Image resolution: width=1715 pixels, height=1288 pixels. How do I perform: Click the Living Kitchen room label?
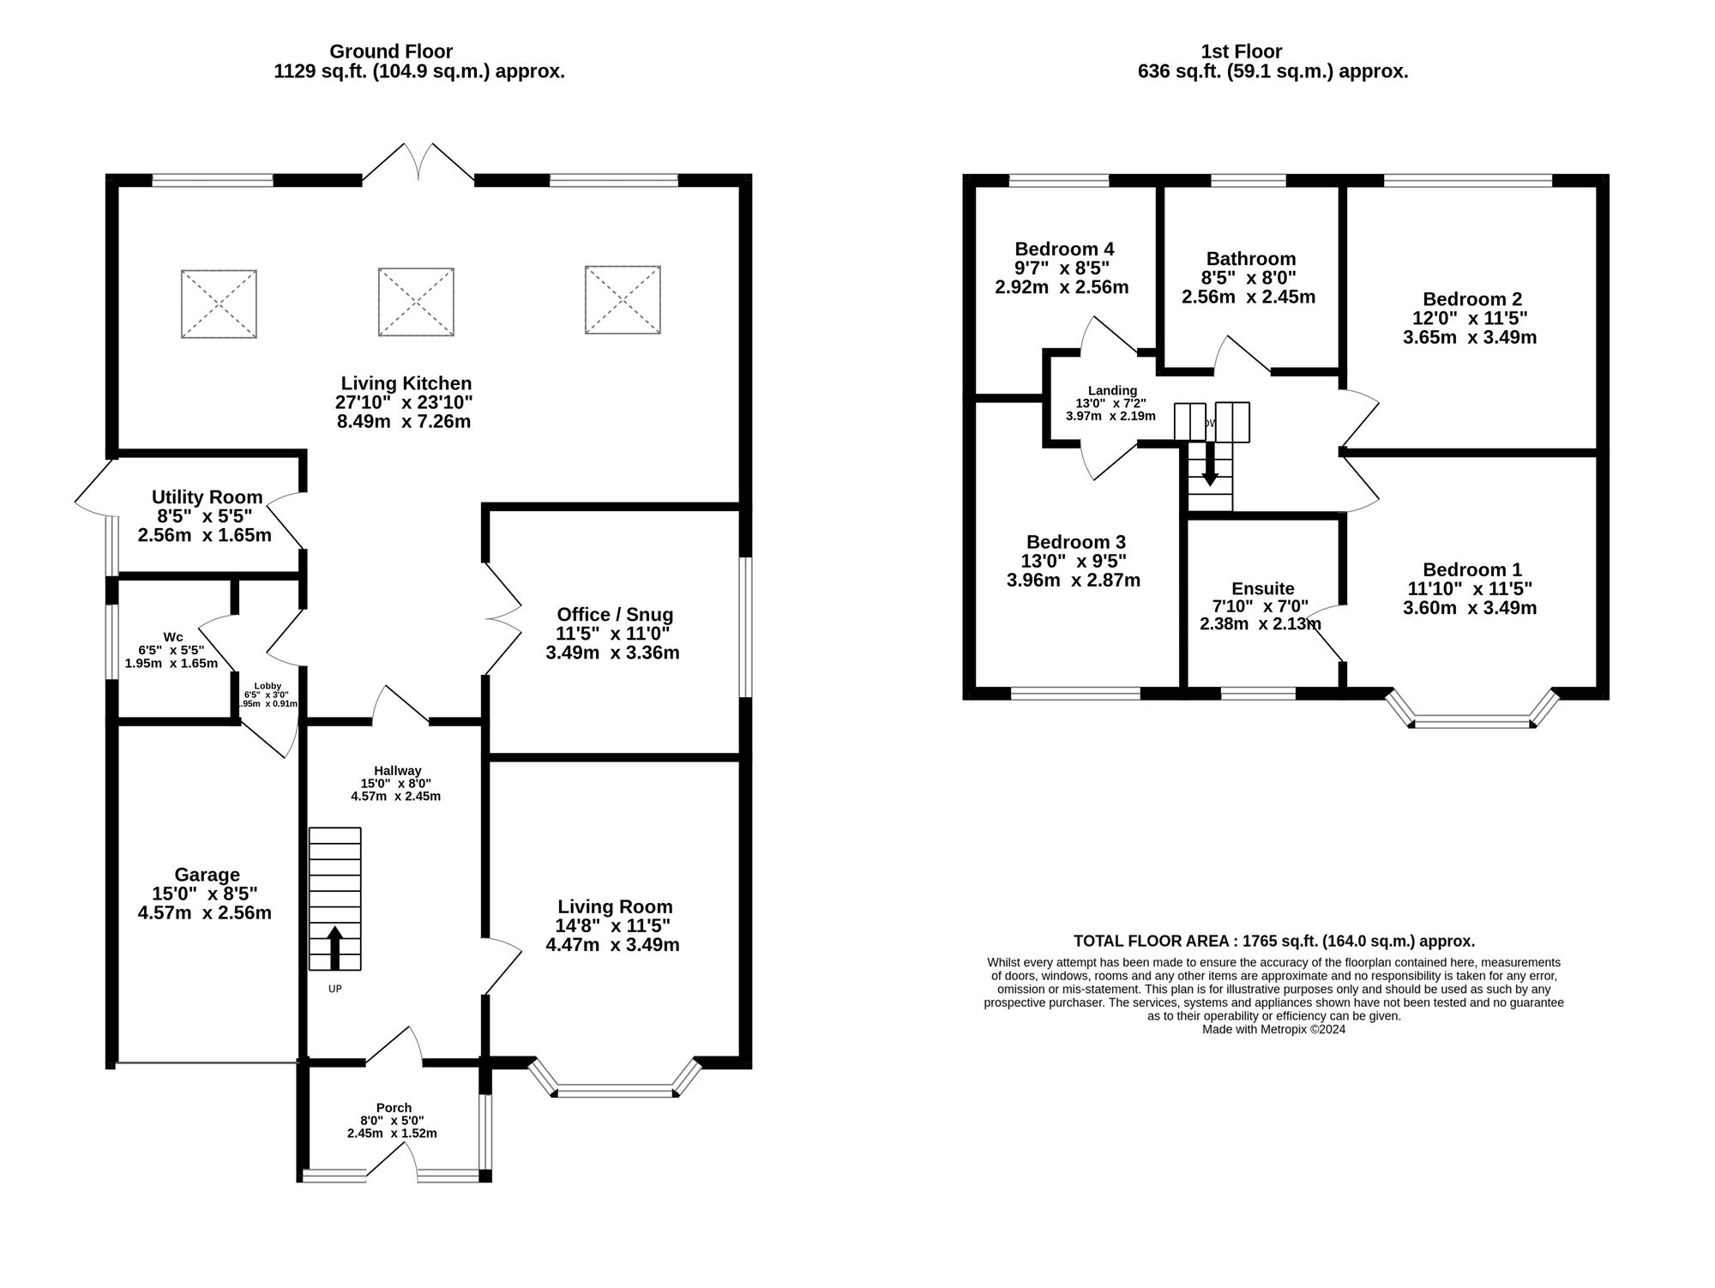(406, 383)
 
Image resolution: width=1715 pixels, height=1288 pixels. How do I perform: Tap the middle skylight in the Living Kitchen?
(416, 302)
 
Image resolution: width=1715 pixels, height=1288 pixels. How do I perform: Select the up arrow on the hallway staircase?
(335, 947)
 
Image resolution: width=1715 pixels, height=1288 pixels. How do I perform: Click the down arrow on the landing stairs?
(1210, 465)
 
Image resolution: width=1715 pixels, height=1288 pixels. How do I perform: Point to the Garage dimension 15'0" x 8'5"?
(204, 894)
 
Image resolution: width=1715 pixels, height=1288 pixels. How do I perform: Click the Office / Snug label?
(614, 614)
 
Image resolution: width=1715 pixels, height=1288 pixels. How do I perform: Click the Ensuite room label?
(1262, 588)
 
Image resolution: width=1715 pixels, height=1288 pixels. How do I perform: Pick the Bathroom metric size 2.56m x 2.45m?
(1248, 297)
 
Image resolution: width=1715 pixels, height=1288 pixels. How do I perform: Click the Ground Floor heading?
(391, 51)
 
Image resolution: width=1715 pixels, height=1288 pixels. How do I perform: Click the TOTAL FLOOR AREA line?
(1273, 941)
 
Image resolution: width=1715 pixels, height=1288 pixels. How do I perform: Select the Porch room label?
(394, 1107)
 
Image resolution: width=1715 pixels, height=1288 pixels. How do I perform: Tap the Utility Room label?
(207, 497)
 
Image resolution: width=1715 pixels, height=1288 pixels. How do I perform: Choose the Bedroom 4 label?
(1063, 249)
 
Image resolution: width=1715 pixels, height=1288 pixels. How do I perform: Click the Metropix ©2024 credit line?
(1273, 1029)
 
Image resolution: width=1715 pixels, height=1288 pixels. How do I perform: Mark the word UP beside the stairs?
(334, 989)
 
